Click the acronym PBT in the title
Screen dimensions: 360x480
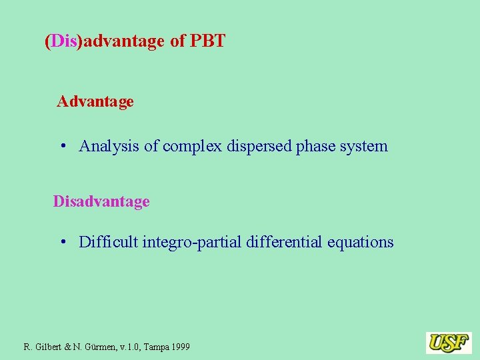point(207,41)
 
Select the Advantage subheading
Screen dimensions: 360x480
point(95,101)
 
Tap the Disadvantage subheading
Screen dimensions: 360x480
point(101,201)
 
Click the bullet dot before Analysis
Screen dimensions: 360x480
point(63,145)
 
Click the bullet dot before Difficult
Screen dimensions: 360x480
point(63,241)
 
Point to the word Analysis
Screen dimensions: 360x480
point(109,146)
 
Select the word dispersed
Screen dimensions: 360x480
point(258,146)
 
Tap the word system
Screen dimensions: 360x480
point(365,146)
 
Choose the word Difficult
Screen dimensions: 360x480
point(108,242)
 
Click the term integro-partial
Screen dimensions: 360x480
point(192,242)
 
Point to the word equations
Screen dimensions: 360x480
point(361,242)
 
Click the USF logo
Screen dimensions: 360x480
point(449,343)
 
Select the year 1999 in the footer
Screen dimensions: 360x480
point(179,347)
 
